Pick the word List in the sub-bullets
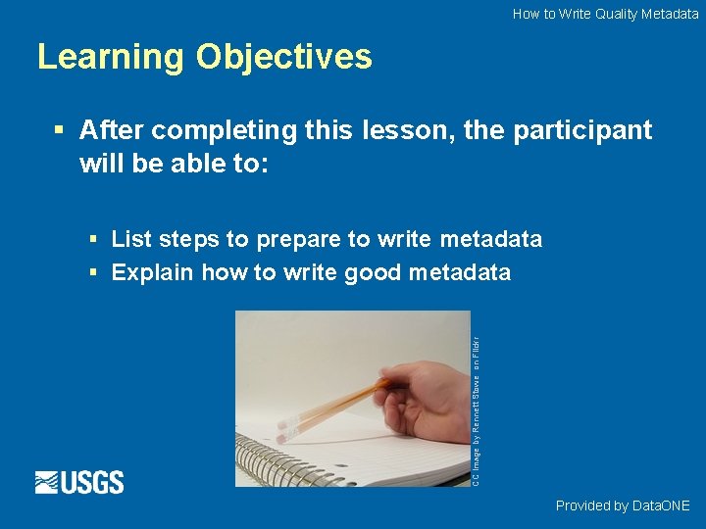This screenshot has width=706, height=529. tap(131, 239)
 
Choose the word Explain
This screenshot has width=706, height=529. tap(152, 272)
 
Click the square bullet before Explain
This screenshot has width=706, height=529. tap(92, 272)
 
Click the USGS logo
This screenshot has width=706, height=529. tap(79, 482)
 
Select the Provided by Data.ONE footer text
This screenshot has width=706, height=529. tap(623, 505)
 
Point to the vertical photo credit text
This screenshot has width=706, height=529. tap(476, 411)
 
